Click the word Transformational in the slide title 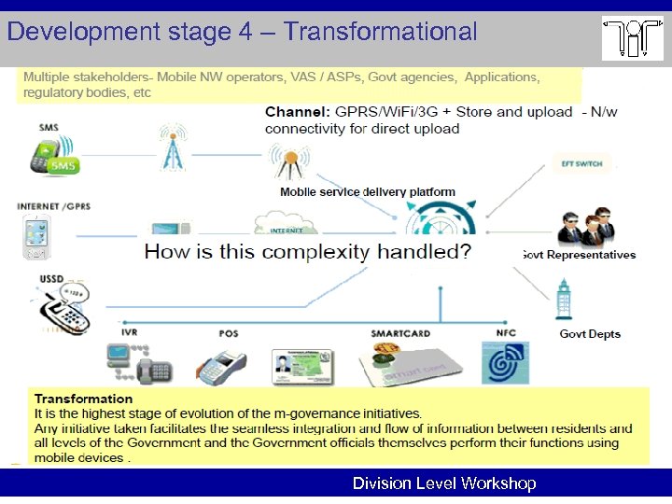point(381,32)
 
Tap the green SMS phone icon point(53,156)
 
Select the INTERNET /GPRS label point(53,206)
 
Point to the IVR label point(129,333)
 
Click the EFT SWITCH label point(581,164)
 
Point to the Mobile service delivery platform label point(368,192)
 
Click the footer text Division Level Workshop point(443,483)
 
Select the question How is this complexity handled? point(307,252)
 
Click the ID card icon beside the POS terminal point(301,365)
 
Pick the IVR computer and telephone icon point(138,363)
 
